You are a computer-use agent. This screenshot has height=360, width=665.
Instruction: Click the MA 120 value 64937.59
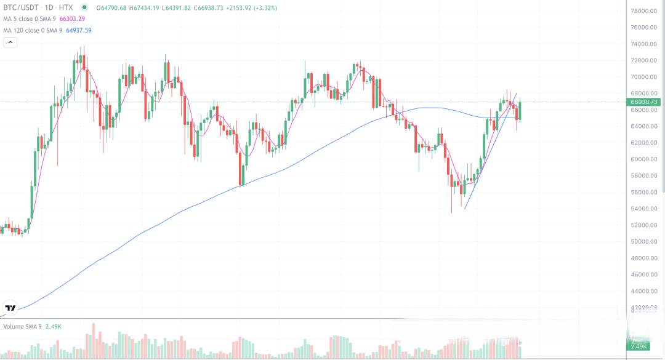click(79, 30)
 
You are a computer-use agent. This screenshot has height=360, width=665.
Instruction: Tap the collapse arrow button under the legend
click(10, 42)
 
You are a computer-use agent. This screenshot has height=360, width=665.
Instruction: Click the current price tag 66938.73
click(645, 102)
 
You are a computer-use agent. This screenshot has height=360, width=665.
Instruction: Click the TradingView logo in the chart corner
click(10, 308)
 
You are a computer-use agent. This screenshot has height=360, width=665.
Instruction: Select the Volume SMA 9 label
click(22, 326)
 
